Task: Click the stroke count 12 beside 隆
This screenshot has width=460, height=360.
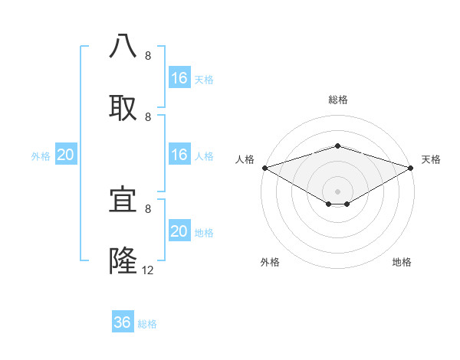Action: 148,270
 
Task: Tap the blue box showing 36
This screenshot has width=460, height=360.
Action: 123,322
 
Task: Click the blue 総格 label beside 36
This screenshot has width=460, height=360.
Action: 147,324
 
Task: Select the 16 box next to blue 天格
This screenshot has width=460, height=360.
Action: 179,78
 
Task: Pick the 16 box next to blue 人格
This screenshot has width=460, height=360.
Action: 179,155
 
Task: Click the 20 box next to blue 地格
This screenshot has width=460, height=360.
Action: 179,231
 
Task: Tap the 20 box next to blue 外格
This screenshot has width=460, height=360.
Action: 65,155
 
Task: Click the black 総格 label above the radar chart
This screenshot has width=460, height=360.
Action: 337,100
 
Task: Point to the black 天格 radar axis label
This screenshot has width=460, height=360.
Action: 431,159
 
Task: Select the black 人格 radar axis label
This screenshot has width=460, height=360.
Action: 245,159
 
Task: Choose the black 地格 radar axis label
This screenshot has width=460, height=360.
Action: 402,262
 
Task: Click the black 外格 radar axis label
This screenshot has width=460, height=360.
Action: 270,262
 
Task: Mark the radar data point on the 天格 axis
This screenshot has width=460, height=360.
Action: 411,167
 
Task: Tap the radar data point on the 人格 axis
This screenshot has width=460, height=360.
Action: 264,167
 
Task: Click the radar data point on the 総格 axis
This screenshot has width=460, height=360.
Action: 337,146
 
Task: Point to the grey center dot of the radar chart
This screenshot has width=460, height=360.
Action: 337,191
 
